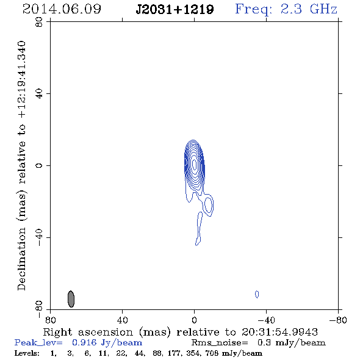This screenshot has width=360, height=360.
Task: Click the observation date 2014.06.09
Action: point(62,9)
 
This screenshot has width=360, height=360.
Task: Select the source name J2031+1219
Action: point(175,9)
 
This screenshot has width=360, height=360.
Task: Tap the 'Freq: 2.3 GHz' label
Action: point(286,9)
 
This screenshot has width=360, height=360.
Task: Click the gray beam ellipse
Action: point(71,299)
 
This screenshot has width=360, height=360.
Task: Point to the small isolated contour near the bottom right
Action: point(257,294)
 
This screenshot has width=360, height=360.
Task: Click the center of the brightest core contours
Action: point(194,164)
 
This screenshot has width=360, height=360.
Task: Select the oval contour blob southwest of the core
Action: point(208,205)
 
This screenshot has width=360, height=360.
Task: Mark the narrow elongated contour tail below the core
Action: point(200,228)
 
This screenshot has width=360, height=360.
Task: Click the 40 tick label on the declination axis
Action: point(39,94)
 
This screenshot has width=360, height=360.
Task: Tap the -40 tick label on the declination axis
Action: point(39,237)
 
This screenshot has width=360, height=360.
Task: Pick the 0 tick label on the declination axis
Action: point(39,165)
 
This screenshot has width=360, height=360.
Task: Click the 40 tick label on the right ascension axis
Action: point(122,320)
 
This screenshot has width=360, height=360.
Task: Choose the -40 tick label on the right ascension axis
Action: point(266,320)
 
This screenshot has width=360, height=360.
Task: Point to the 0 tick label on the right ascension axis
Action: point(194,320)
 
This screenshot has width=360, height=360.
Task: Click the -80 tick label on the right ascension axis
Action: point(338,320)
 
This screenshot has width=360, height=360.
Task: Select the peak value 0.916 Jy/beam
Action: point(107,342)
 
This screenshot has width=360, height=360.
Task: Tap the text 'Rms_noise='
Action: point(220,342)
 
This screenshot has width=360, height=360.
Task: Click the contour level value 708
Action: point(212,353)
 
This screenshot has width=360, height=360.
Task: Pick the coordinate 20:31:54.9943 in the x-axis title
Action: point(279,332)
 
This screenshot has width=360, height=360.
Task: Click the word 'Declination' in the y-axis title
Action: point(21,259)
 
